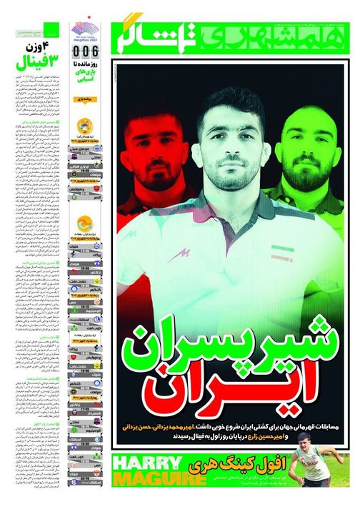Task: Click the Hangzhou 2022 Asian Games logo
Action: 86,31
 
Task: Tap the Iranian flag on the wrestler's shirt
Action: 277,255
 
